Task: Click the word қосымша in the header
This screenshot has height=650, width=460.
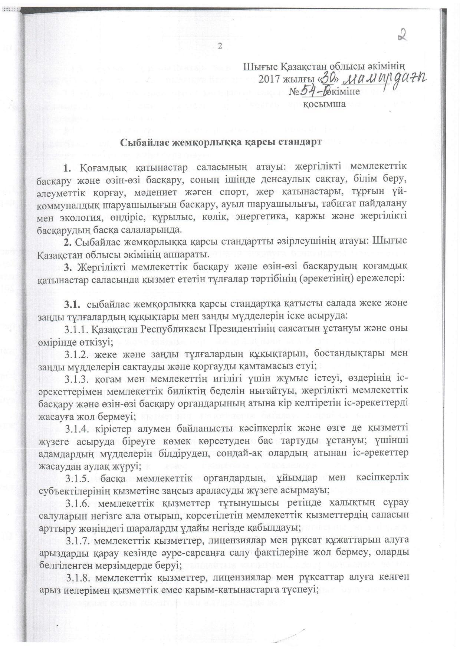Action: [x=325, y=104]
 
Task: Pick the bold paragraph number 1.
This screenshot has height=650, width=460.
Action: [x=67, y=168]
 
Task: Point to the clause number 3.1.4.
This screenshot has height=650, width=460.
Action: [x=77, y=428]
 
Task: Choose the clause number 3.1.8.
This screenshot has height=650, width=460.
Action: [x=77, y=577]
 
